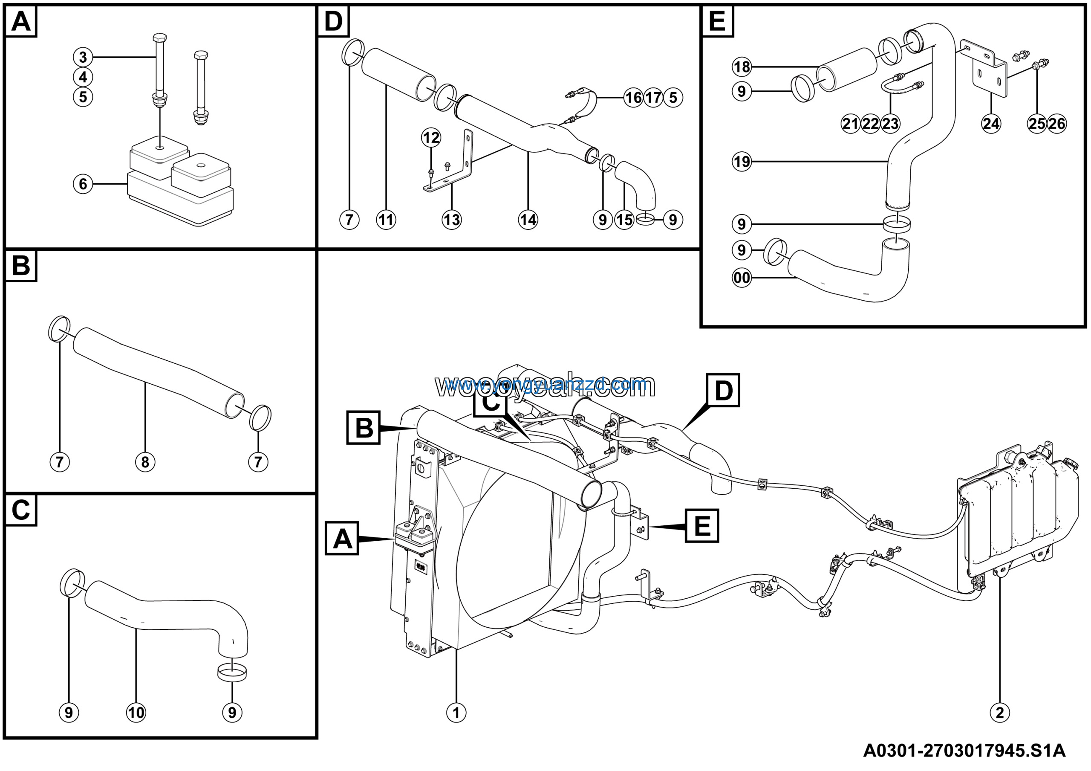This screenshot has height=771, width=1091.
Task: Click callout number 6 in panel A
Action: (83, 183)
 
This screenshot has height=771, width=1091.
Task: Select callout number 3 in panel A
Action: (83, 58)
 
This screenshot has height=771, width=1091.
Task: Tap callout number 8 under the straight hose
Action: (145, 461)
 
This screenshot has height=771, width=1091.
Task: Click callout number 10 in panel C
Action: (136, 713)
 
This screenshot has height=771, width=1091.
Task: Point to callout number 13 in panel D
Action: (451, 220)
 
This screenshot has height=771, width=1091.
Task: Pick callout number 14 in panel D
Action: (528, 220)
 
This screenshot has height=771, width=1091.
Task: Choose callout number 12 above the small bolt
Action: (431, 138)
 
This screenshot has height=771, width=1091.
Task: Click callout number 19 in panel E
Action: (742, 162)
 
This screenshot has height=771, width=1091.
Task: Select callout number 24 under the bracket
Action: (991, 124)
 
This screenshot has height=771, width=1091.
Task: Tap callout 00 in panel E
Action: (742, 278)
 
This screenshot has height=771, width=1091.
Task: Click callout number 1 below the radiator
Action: (456, 713)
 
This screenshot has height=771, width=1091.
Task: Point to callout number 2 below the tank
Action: (1000, 713)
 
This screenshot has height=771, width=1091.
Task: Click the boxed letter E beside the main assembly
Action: (702, 526)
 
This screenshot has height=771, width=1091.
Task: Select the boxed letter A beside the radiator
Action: (342, 539)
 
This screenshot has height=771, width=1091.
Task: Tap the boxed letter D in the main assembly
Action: (723, 391)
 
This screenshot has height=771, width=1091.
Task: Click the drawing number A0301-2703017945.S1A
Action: (964, 751)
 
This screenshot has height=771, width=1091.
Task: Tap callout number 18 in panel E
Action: (742, 67)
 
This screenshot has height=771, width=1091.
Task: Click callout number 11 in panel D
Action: (386, 220)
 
